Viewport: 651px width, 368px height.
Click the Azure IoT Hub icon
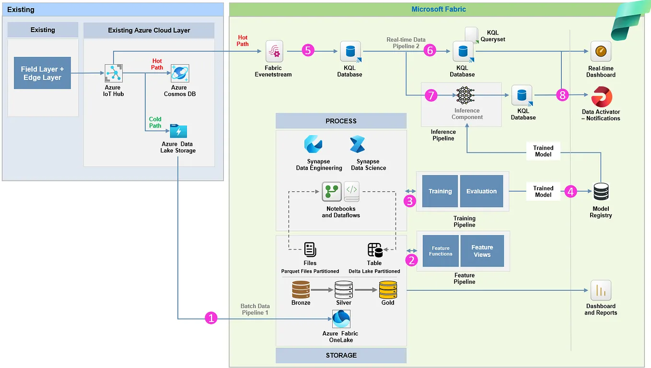[x=114, y=73]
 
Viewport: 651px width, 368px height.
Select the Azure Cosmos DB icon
[x=180, y=73]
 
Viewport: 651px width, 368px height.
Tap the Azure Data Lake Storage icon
[x=178, y=131]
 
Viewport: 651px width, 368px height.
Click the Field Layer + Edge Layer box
[x=42, y=73]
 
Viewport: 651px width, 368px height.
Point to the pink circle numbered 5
[x=308, y=50]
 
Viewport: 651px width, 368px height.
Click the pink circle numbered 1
[x=211, y=318]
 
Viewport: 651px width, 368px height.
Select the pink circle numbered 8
[x=562, y=95]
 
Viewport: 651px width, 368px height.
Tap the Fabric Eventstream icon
[x=275, y=50]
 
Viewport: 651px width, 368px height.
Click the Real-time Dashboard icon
[x=601, y=51]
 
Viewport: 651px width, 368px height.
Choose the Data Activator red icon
[x=601, y=96]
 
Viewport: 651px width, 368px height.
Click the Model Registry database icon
[x=601, y=192]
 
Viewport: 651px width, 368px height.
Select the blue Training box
[x=440, y=191]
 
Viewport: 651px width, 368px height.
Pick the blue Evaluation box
[x=481, y=191]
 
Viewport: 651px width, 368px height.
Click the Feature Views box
[x=482, y=251]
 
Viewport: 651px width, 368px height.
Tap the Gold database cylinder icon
[x=388, y=289]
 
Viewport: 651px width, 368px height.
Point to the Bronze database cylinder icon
[x=301, y=289]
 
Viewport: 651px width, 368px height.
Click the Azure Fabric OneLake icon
[x=341, y=319]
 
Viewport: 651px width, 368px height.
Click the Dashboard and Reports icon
[x=601, y=290]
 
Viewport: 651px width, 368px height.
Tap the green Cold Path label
[x=155, y=122]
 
